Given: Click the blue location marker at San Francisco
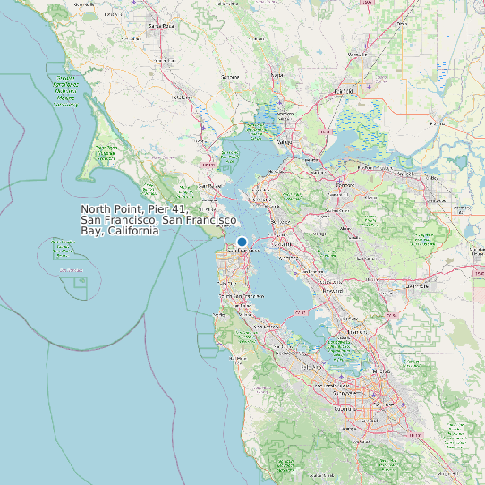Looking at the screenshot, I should pos(242,242).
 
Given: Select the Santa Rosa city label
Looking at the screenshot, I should pos(161,26).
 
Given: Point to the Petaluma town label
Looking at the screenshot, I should pos(183,97).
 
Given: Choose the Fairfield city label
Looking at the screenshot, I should pos(343,91).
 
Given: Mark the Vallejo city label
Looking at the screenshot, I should pos(284,142).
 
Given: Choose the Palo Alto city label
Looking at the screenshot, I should pos(311,366).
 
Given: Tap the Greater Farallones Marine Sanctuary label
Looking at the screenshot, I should pos(65,89).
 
